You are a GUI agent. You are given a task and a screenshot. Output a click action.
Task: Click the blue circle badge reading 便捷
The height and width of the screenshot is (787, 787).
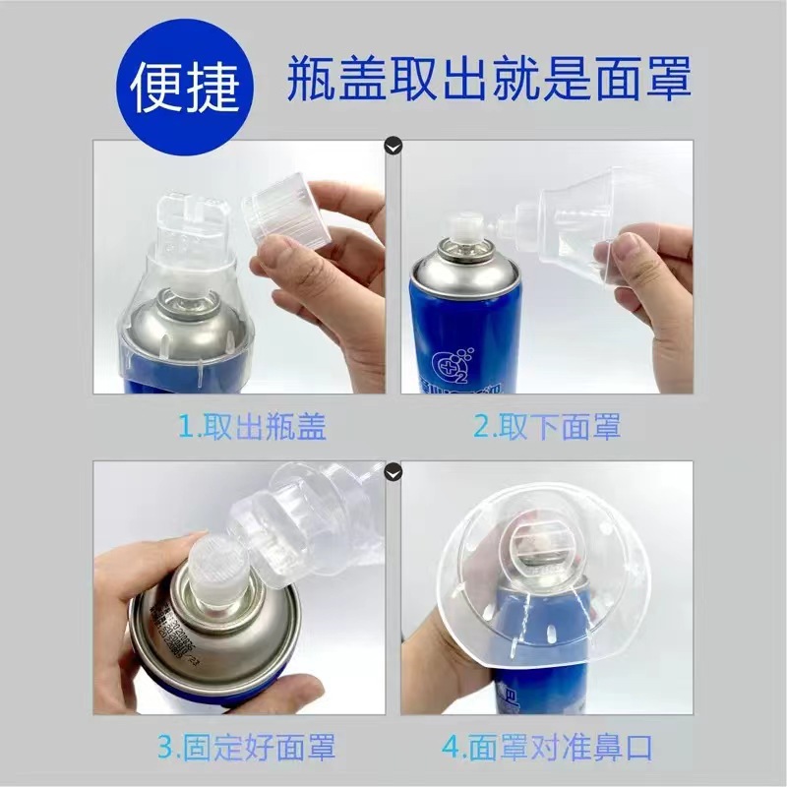point(186,89)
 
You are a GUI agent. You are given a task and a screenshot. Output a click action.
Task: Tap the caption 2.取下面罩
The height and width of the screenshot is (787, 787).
point(547,427)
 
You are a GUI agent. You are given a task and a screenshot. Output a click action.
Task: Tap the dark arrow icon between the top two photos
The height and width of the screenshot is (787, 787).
point(393,148)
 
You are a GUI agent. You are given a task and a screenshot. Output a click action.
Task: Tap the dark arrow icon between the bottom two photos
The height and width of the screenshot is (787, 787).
point(393,471)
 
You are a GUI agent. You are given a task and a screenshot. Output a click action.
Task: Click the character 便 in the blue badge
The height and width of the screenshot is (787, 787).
point(158,89)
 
